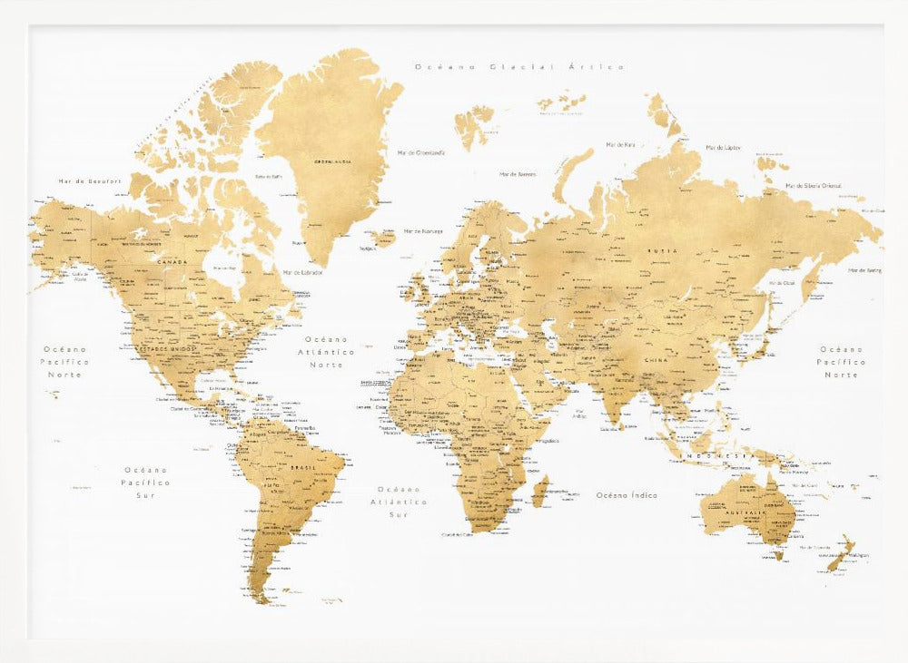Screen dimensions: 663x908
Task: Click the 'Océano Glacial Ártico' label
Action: (519, 67)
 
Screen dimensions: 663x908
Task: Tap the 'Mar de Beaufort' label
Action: (89, 181)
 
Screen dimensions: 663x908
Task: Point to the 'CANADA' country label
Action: (173, 261)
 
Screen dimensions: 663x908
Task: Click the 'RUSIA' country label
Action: (657, 250)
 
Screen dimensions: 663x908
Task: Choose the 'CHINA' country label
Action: (656, 360)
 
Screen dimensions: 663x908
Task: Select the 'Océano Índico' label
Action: (627, 495)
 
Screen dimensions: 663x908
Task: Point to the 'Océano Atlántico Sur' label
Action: (399, 501)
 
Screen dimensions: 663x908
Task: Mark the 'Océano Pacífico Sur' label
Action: (146, 483)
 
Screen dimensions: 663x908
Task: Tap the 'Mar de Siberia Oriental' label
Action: (813, 186)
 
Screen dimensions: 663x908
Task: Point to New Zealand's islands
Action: (840, 554)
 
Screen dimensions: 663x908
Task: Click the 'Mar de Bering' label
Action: (865, 270)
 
